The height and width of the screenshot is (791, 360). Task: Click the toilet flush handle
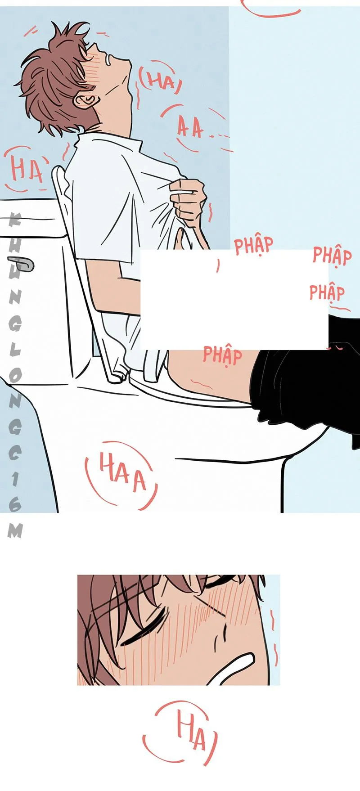pyautogui.click(x=21, y=264)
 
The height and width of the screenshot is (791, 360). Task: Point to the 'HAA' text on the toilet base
pyautogui.click(x=122, y=472)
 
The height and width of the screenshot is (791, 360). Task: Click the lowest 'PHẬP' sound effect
pyautogui.click(x=222, y=355)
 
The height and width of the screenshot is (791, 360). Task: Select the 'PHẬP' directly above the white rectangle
pyautogui.click(x=254, y=245)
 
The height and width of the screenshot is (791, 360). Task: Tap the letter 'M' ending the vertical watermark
pyautogui.click(x=15, y=531)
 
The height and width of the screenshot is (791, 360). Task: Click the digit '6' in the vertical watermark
pyautogui.click(x=15, y=504)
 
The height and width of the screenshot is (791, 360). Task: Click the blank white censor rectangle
pyautogui.click(x=234, y=300)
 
